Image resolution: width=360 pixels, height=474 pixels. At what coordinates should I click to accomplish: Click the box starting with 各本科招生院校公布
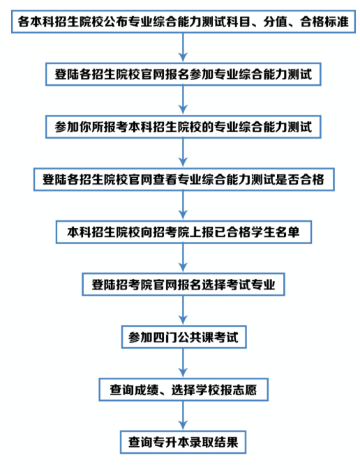click(183, 22)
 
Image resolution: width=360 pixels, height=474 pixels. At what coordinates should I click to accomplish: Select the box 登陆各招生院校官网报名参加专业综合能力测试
click(183, 75)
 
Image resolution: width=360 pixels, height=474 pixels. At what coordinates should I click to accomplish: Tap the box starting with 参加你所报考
click(183, 127)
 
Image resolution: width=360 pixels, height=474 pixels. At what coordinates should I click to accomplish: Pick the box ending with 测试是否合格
click(184, 180)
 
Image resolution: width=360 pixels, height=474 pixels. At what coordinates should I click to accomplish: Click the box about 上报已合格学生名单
click(183, 232)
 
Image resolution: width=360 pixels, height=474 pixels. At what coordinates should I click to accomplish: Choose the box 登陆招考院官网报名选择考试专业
click(183, 284)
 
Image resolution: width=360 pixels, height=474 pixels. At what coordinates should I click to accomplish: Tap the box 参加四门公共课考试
click(184, 337)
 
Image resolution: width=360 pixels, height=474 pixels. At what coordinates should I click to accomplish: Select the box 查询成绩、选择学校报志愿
click(183, 390)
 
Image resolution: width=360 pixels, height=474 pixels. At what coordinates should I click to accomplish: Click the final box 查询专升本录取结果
click(183, 442)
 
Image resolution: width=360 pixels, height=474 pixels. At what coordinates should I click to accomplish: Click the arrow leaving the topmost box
click(183, 48)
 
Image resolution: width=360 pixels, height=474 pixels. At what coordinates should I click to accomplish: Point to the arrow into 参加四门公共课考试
click(183, 311)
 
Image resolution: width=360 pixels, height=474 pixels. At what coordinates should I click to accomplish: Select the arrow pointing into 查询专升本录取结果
click(183, 416)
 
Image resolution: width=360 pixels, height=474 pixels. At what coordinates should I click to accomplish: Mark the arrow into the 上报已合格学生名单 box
click(183, 206)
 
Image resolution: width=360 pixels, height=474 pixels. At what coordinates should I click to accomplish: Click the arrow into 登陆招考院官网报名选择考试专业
click(183, 259)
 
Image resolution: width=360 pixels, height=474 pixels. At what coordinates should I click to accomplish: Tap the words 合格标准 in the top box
click(324, 22)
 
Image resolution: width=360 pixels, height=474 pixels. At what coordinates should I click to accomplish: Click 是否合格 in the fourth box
click(300, 180)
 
